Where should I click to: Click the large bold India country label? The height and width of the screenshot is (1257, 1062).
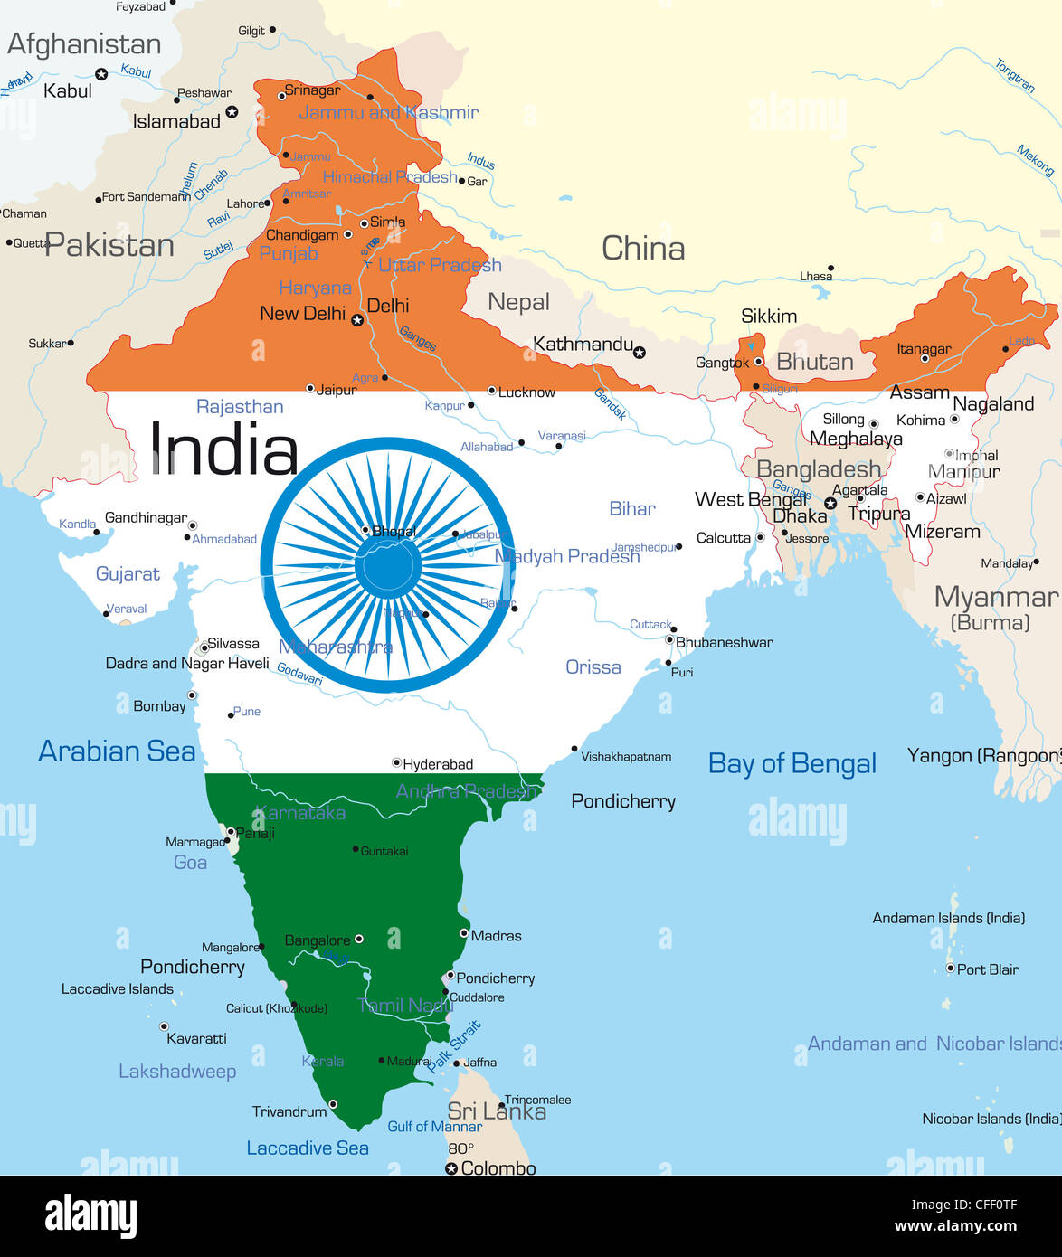coord(223,449)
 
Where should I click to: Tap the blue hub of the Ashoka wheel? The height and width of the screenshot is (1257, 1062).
coord(389,565)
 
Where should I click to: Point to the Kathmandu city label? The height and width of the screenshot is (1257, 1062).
coord(583,344)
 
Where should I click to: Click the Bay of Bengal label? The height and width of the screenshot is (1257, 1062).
coord(792,764)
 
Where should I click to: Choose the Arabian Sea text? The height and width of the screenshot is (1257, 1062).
coord(117,751)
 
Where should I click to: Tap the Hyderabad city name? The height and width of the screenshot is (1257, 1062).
coord(438,764)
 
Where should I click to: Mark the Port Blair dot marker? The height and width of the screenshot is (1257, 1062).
coord(950,969)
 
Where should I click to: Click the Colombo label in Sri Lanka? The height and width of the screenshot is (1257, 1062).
coord(498,1168)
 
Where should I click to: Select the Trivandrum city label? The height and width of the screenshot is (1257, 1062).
coord(289,1111)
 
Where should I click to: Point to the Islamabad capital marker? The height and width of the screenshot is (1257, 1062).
coord(232,111)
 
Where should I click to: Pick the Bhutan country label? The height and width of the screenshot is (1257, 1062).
coord(814,362)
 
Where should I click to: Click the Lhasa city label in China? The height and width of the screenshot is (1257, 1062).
coord(816,276)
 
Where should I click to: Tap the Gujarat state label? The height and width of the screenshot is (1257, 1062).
coord(128,574)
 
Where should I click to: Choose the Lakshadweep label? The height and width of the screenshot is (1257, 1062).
coord(177,1072)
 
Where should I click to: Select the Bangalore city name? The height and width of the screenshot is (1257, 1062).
coord(317,940)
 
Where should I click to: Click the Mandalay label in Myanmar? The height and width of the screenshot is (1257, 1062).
coord(1006,563)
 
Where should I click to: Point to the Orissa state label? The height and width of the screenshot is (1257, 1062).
coord(593,667)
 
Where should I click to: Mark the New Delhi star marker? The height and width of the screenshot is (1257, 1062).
coord(357,320)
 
